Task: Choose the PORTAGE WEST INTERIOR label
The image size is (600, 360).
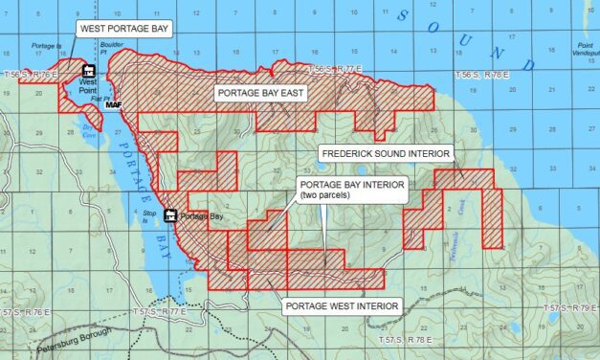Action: pyautogui.click(x=341, y=305)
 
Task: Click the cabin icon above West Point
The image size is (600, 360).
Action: pyautogui.click(x=88, y=70)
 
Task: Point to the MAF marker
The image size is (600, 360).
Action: pyautogui.click(x=114, y=103)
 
